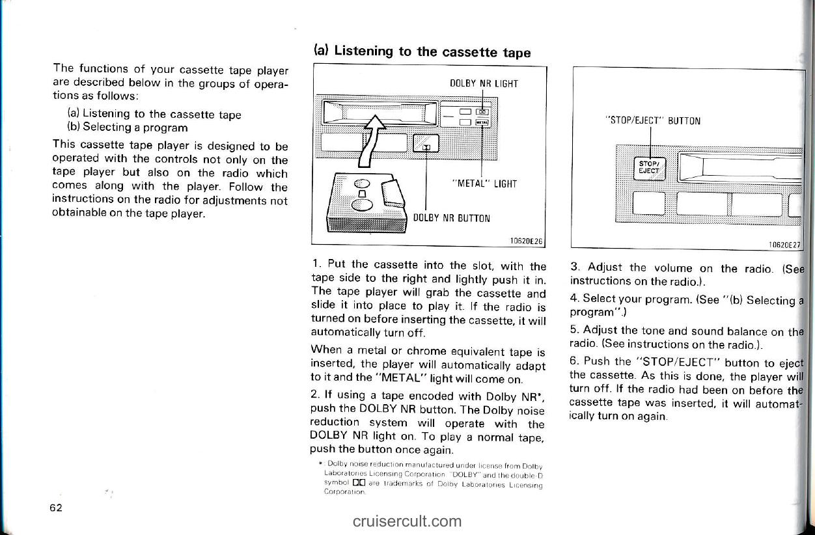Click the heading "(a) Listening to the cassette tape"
tap(422, 52)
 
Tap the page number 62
tap(56, 508)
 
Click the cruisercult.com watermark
tap(408, 521)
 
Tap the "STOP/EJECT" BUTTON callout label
tap(653, 120)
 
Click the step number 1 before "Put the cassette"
tap(316, 265)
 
